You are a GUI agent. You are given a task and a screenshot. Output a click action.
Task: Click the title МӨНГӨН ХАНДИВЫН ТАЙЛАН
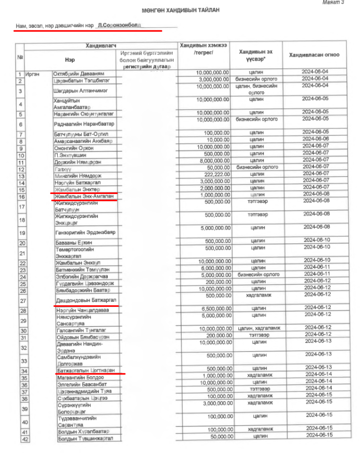(179, 11)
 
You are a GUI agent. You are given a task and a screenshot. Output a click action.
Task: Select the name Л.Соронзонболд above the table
(119, 26)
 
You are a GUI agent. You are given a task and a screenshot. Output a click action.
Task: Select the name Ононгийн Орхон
(74, 148)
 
